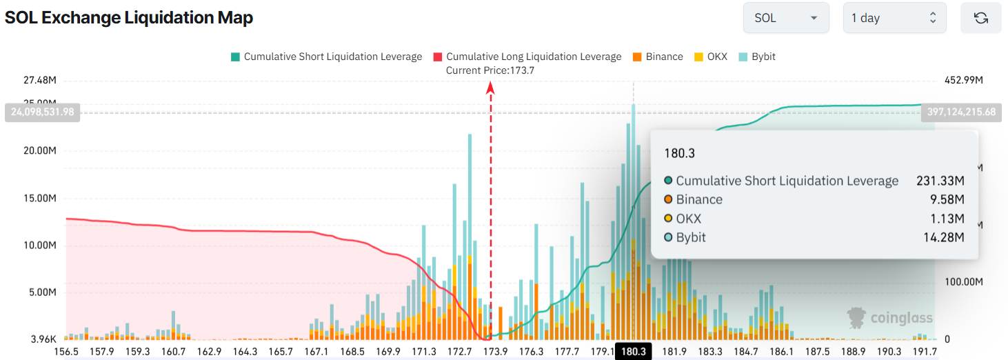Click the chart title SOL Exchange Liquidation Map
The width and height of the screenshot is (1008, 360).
coord(129,18)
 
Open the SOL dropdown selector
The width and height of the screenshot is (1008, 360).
coord(785,18)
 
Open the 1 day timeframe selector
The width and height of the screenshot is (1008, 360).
coord(894,18)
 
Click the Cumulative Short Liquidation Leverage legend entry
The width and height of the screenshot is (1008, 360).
coord(327,57)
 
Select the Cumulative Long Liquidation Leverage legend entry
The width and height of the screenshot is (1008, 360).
coord(527,57)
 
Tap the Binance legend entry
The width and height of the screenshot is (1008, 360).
coord(658,57)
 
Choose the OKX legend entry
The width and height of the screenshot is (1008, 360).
coord(711,57)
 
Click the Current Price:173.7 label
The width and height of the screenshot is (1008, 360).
coord(490,70)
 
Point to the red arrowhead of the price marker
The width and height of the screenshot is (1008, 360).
coord(491,87)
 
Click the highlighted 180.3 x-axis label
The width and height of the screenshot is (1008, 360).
coord(633,352)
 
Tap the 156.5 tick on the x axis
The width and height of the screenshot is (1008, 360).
coord(66,352)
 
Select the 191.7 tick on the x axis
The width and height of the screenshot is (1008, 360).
coord(925,352)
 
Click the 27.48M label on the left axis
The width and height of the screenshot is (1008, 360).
coord(39,81)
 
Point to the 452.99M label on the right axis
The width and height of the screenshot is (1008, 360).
coord(963,81)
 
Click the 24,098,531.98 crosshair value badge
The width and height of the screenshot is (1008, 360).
coord(42,112)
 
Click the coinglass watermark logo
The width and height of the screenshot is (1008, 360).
coord(890,317)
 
